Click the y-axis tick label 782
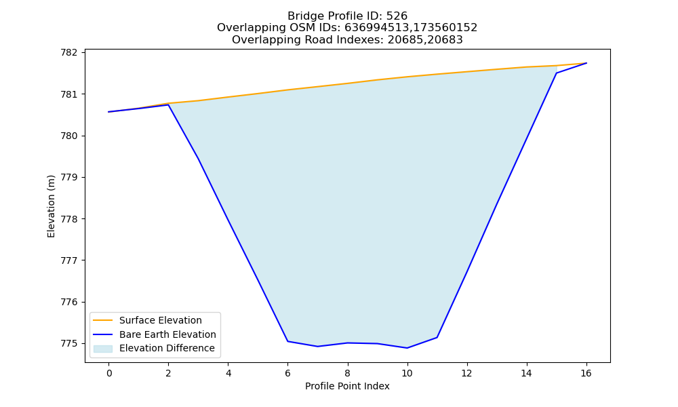(x=69, y=53)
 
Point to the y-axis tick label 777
(x=69, y=260)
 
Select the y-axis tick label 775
(x=69, y=343)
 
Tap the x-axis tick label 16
(x=586, y=373)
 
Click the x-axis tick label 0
(x=109, y=373)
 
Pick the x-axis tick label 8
(x=348, y=373)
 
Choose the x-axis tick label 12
(x=467, y=373)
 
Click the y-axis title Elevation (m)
(x=51, y=206)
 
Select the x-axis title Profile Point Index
(x=347, y=386)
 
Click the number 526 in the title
(x=397, y=16)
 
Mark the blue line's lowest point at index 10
(x=407, y=348)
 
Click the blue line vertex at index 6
(x=288, y=341)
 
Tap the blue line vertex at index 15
(x=557, y=73)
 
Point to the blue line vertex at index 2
(x=168, y=104)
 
